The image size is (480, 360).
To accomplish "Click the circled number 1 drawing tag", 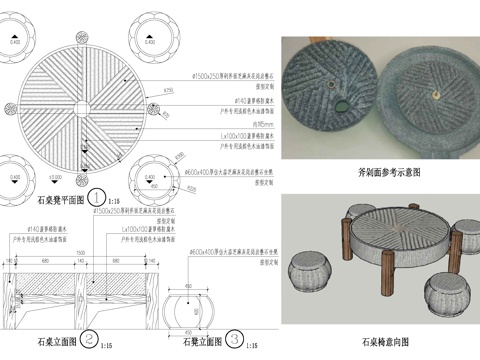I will pos(98,196).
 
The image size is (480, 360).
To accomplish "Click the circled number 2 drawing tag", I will pos(89,339).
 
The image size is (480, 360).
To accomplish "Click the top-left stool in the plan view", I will pos(14,42).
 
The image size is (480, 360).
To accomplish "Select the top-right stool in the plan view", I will pos(149,42).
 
